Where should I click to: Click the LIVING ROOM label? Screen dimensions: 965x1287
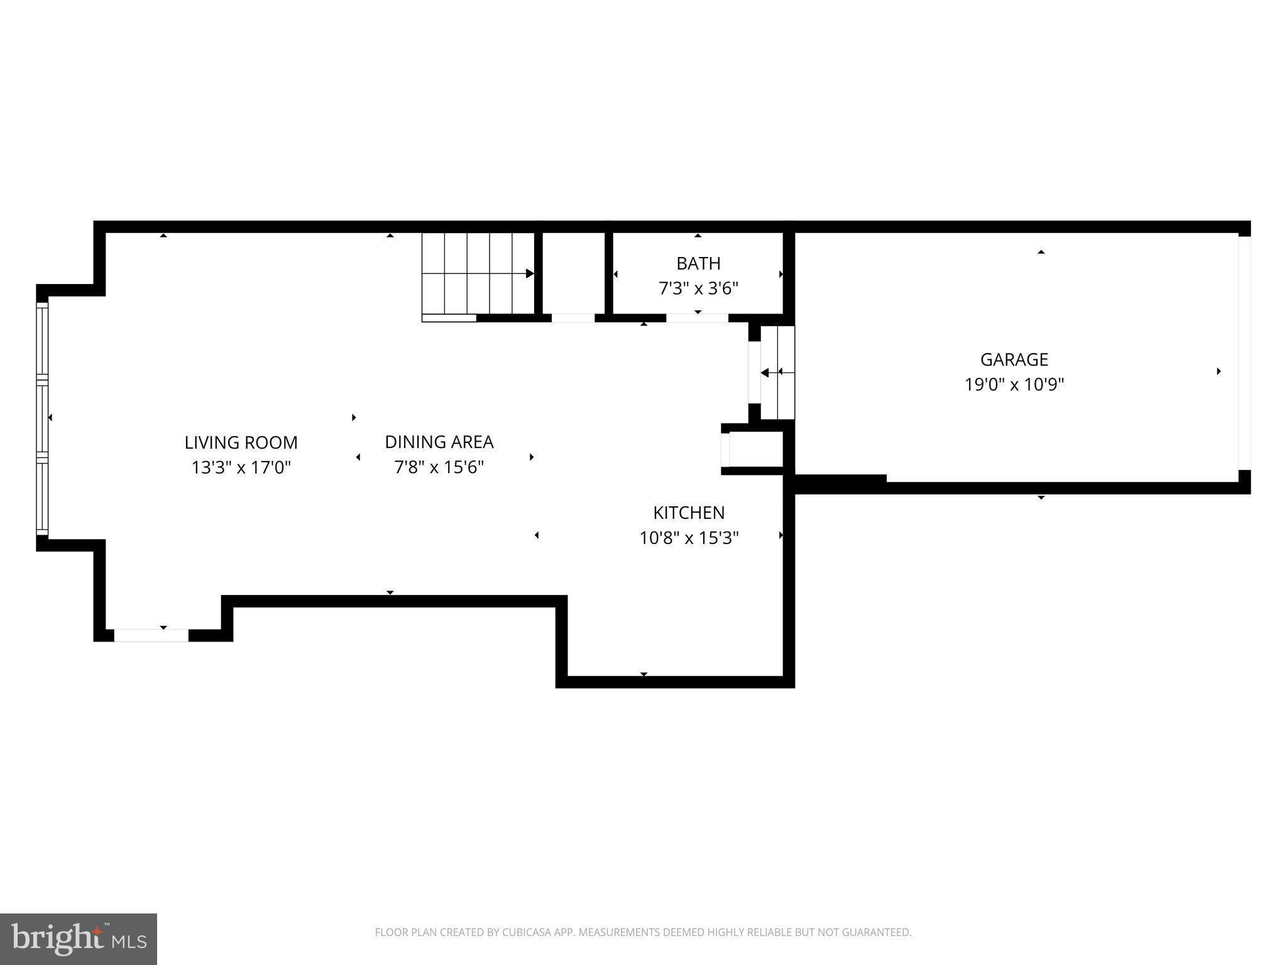pos(241,442)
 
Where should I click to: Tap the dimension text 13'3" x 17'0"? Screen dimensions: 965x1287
pos(241,467)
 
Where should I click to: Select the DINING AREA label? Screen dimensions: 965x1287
pos(439,442)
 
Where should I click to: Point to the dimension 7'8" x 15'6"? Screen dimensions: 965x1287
pos(439,467)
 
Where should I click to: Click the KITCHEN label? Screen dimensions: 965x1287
pos(689,513)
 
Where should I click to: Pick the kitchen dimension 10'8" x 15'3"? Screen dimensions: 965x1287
pos(689,538)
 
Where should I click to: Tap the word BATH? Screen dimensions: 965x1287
pos(698,263)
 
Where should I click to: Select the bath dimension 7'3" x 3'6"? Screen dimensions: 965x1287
pos(698,288)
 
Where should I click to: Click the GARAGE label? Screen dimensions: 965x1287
pos(1014,359)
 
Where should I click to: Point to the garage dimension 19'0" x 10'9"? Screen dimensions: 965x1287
pos(1014,384)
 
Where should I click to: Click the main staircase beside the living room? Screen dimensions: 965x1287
pos(478,274)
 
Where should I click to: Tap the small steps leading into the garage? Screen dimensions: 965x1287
pos(777,373)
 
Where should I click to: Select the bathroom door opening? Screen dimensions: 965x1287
pos(697,318)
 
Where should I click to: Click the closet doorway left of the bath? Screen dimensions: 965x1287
pos(572,318)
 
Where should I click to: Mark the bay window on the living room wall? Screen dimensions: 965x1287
pos(42,418)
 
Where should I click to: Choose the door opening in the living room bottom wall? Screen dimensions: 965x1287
pos(151,635)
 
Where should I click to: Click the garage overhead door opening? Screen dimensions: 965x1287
pos(1244,353)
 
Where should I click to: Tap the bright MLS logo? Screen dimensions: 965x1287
pos(79,939)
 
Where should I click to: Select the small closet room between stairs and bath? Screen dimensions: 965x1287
pos(573,273)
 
